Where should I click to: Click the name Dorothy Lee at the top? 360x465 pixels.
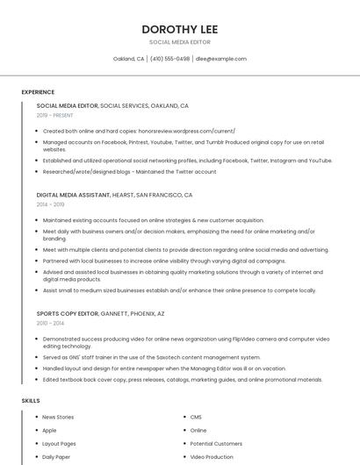179,29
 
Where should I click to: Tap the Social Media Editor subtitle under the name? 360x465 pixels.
179,41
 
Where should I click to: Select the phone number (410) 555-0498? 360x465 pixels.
170,59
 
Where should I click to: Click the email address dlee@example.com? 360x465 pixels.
221,59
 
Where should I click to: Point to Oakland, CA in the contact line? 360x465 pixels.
129,59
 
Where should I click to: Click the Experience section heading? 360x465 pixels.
38,92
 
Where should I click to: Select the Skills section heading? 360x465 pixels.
31,400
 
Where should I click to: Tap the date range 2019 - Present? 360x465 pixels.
54,115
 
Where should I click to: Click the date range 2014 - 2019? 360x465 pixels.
50,204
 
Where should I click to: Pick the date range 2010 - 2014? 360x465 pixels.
50,323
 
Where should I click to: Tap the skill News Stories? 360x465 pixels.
58,417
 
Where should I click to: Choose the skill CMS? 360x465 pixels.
196,417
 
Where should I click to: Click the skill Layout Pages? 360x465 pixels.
59,444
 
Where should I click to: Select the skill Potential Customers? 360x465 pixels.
216,444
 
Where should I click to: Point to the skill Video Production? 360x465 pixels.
212,457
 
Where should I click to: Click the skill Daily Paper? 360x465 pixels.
56,457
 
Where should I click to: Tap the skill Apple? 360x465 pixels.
49,431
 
